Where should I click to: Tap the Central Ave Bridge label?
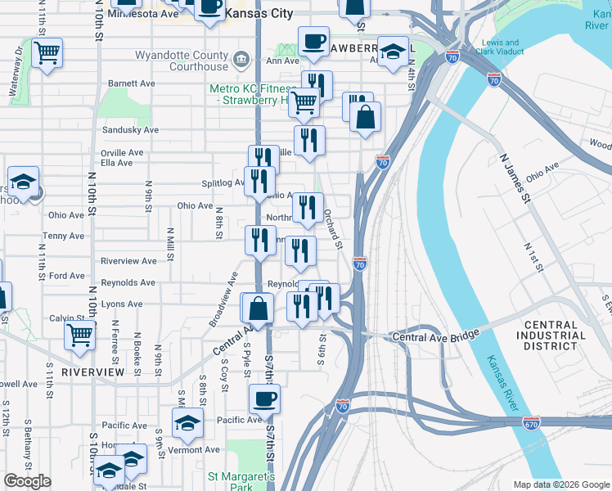click(x=435, y=337)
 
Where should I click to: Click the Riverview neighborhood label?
click(x=93, y=372)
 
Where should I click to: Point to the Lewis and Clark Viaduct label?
click(x=501, y=47)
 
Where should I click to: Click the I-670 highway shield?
click(x=531, y=422)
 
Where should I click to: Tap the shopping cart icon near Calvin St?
click(x=79, y=334)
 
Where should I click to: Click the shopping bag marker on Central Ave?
click(x=258, y=309)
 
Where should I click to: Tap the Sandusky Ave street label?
click(x=129, y=130)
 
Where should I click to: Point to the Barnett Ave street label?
click(x=132, y=83)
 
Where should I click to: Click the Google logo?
click(x=27, y=481)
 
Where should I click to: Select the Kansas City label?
click(x=258, y=14)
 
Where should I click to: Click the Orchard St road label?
click(x=332, y=229)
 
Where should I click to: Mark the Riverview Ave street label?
click(x=128, y=261)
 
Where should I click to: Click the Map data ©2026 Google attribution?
click(x=560, y=484)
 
